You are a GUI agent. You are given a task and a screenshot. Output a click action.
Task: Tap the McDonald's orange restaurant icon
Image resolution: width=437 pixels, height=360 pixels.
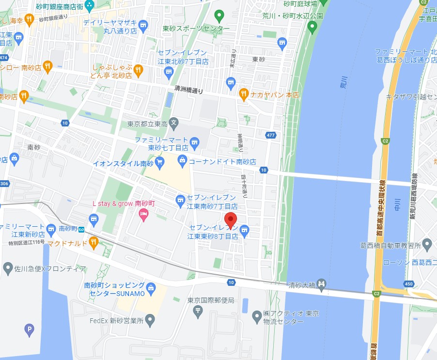click(94, 241)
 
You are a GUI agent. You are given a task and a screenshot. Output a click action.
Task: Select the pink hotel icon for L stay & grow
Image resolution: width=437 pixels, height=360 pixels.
click(143, 215)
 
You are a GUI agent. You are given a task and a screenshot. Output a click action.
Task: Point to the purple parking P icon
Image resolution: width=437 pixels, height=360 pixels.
click(30, 331)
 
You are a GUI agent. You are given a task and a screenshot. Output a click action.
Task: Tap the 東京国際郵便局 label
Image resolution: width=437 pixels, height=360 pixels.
click(211, 300)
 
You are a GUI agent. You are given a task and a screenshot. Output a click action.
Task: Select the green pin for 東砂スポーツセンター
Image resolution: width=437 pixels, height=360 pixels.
click(219, 16)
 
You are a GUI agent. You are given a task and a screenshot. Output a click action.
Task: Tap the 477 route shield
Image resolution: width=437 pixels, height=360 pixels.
click(271, 135)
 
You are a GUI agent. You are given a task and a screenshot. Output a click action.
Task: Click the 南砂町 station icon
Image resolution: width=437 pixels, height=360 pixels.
click(83, 228)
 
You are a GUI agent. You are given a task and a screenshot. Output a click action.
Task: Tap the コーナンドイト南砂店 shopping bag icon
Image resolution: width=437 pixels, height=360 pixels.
click(182, 159)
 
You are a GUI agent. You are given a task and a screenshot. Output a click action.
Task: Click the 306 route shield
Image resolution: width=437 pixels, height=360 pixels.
click(4, 184)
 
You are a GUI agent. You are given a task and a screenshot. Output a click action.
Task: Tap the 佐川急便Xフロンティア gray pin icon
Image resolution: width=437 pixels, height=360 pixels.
click(7, 267)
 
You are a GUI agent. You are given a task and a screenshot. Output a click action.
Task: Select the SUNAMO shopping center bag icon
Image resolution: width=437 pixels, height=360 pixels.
click(151, 288)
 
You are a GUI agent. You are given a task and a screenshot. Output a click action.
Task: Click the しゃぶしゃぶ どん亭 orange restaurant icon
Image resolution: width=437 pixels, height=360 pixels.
click(138, 71)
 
